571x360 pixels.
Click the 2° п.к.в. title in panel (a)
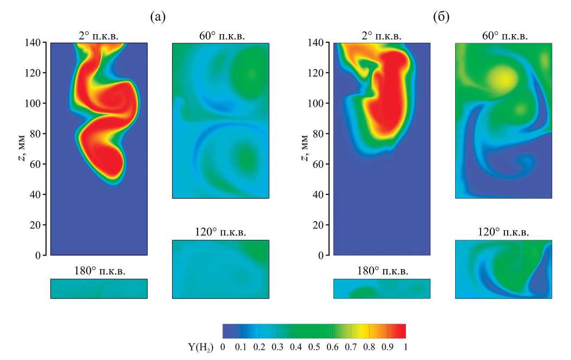98,36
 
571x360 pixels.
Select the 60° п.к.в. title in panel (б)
504,36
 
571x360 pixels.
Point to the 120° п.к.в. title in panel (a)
220,233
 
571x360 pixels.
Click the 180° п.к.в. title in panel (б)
382,271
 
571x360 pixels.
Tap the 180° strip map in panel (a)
99,289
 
